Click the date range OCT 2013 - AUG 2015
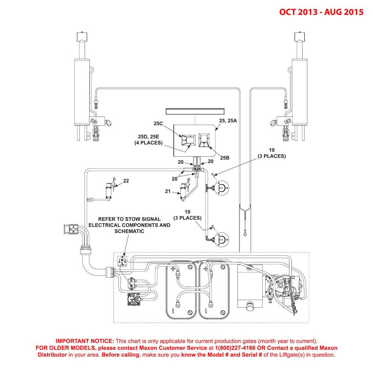pos(321,12)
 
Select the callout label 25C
pos(158,123)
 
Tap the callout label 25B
pos(225,158)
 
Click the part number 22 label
pos(126,181)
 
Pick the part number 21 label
pos(168,191)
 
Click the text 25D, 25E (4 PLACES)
pos(148,140)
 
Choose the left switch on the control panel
pos(186,141)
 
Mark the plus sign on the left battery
pos(172,269)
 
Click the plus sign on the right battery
pos(206,269)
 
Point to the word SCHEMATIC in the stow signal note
pos(129,231)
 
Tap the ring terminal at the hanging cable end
pos(245,234)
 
